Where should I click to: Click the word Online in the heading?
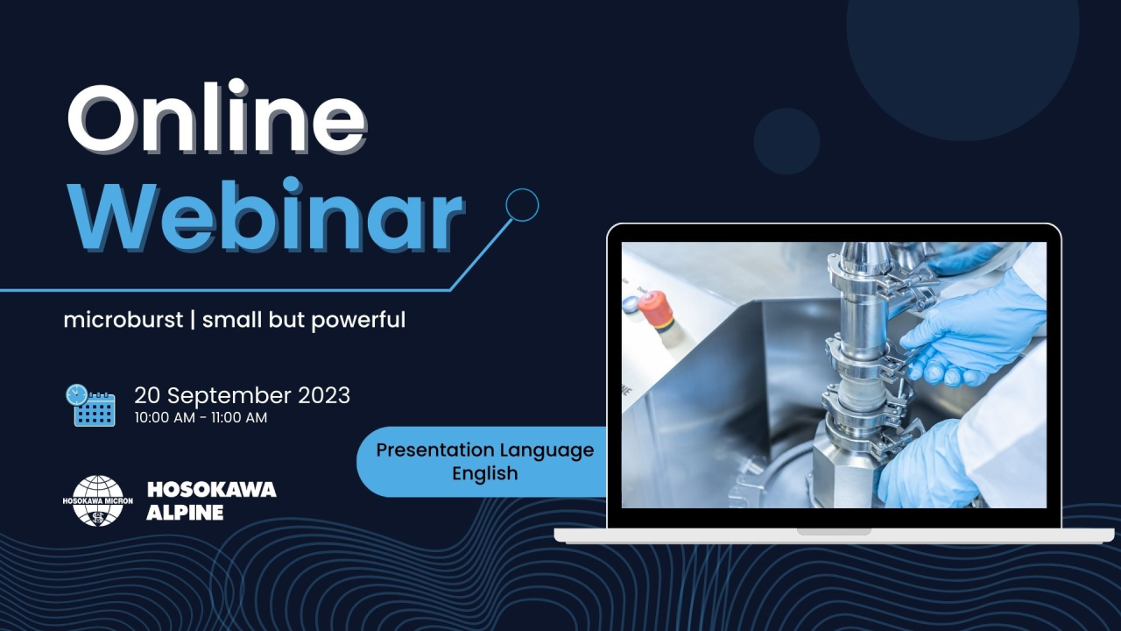pos(217,118)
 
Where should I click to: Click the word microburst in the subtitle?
pos(123,320)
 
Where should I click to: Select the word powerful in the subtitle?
pos(358,321)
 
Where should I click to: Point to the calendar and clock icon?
pos(90,405)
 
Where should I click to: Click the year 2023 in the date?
pos(324,395)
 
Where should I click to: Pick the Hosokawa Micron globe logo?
pos(98,500)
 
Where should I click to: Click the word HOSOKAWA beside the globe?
pos(212,489)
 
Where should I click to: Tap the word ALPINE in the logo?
pos(185,513)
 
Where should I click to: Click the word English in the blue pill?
pos(484,473)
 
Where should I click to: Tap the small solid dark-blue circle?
pos(786,141)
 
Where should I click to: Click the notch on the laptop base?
pos(834,531)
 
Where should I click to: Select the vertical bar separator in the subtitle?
pos(193,320)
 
